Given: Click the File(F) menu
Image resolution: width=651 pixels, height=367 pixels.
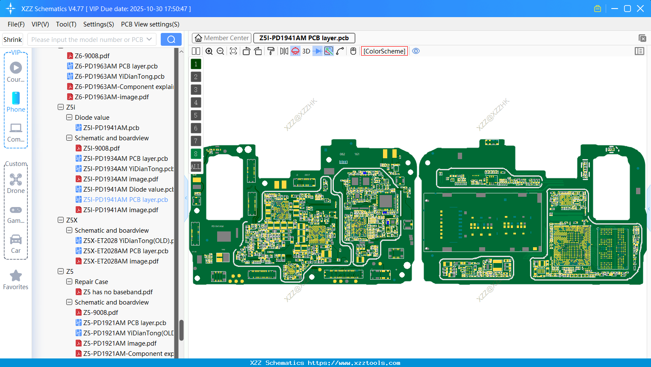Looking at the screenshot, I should coord(16,24).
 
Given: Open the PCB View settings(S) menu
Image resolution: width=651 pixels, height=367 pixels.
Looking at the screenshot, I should coord(150,24).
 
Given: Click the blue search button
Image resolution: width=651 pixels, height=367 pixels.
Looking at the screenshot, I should coord(171,39).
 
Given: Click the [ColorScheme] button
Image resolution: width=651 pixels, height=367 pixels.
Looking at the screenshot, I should coord(384,51).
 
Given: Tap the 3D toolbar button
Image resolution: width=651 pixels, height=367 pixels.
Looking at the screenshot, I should coord(306,51).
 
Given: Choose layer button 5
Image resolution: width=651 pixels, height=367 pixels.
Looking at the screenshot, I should coord(196,115).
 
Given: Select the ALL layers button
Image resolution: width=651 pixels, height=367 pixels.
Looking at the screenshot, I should coord(196,167).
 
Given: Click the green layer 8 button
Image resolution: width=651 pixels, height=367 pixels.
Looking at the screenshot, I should coord(196,154).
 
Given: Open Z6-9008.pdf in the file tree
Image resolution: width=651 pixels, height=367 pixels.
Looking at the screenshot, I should coord(92,56).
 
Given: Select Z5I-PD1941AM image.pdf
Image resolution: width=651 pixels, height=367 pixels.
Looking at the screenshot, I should coord(121,210).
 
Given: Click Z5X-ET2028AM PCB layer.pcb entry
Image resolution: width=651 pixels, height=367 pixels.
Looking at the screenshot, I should coord(126,251).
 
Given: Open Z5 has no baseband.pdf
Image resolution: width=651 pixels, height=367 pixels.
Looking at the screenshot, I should coord(118,292).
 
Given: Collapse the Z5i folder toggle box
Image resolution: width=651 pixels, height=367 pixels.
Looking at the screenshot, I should coord(61,107).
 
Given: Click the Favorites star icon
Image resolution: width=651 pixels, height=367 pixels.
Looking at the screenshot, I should coord(16,276).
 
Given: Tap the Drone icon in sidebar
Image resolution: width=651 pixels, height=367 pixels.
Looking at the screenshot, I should coord(16,180).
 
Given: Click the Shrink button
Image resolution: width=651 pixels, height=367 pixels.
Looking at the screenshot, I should coord(13,40).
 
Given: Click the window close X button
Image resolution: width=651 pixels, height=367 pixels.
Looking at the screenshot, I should coord(640,9).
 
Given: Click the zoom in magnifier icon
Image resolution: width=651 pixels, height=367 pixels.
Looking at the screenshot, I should coord(209,51).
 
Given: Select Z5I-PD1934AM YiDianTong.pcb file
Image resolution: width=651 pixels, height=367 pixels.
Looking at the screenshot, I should coord(128,169).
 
